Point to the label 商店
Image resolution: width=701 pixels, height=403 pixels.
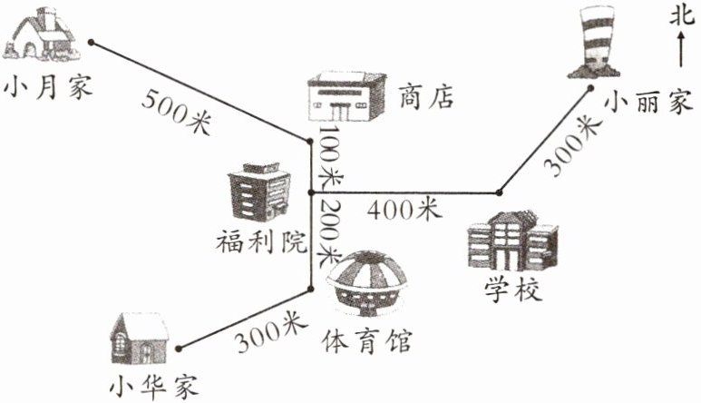(425, 96)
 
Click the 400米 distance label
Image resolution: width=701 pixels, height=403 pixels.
(404, 210)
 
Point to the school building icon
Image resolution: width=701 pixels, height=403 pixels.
(511, 241)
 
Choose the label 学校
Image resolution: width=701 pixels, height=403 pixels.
(511, 292)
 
